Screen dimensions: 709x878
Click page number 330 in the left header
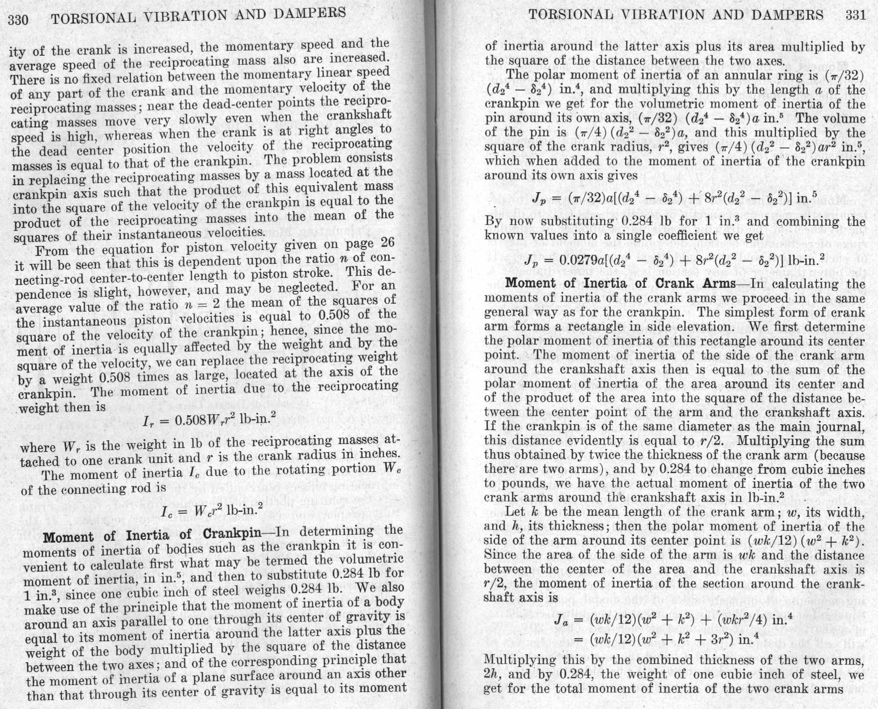[19, 20]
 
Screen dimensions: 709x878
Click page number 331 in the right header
[856, 14]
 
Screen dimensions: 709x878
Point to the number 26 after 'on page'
[387, 242]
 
